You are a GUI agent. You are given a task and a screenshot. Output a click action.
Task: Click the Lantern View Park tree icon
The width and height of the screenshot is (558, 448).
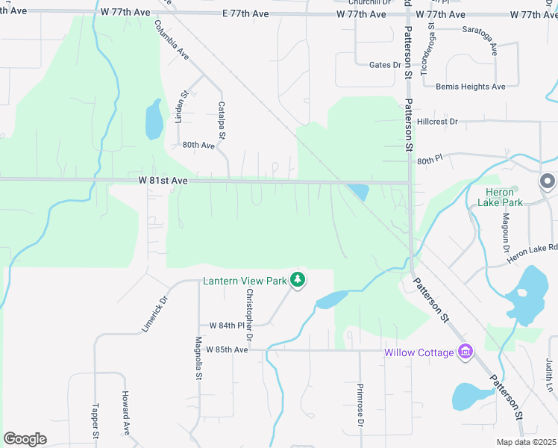pos(298,281)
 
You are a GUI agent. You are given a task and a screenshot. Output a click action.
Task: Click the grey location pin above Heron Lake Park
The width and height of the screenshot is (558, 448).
pos(548,181)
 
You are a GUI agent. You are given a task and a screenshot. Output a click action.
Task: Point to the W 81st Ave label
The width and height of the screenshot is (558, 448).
pos(163,181)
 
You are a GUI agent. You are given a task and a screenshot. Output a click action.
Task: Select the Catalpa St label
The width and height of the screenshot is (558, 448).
pos(222,120)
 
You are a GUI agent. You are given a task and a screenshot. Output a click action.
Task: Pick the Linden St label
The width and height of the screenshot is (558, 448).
pos(180,105)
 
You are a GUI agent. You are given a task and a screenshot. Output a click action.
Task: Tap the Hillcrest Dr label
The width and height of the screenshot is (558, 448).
pos(438,121)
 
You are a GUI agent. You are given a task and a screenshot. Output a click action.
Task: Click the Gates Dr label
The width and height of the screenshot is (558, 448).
pos(385,65)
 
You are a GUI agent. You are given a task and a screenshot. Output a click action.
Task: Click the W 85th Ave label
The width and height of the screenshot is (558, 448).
pos(227,349)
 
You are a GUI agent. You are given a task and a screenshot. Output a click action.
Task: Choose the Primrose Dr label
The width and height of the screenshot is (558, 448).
pos(360,406)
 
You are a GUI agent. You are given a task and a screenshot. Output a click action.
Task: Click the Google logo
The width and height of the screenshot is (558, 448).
pos(25,438)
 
